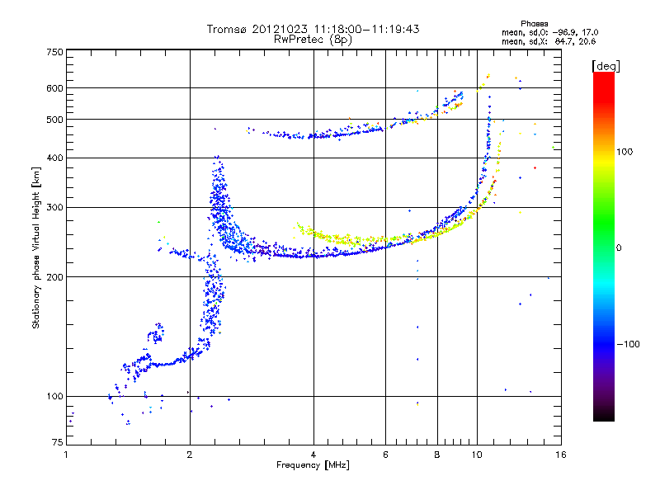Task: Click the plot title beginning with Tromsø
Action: point(313,29)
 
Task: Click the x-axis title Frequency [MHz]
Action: point(313,465)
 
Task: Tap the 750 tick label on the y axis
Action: point(54,52)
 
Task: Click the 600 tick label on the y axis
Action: point(54,88)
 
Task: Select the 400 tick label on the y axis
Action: point(54,158)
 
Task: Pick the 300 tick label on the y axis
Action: point(54,207)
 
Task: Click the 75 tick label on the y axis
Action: point(56,445)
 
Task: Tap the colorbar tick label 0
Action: point(620,247)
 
